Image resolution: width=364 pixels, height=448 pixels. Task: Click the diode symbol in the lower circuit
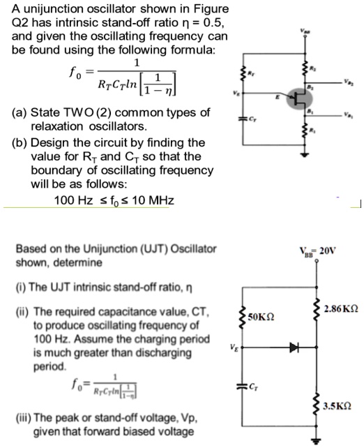click(x=295, y=345)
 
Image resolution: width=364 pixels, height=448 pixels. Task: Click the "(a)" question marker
click(x=17, y=113)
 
